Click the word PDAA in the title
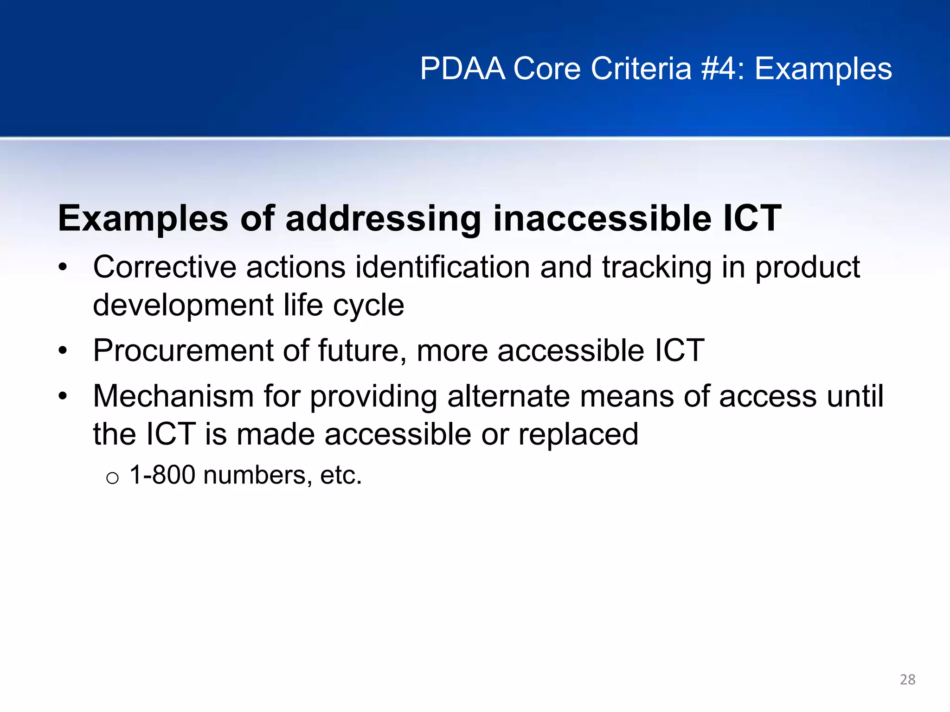click(x=462, y=69)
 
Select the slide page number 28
click(x=907, y=680)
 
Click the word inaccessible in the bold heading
click(x=602, y=218)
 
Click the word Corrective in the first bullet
click(x=164, y=267)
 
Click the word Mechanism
click(x=173, y=397)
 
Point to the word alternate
click(x=508, y=397)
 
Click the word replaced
click(x=578, y=435)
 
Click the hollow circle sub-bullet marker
click(x=112, y=478)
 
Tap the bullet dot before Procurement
click(x=63, y=351)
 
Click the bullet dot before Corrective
click(x=63, y=268)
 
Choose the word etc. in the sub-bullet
click(x=340, y=476)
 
